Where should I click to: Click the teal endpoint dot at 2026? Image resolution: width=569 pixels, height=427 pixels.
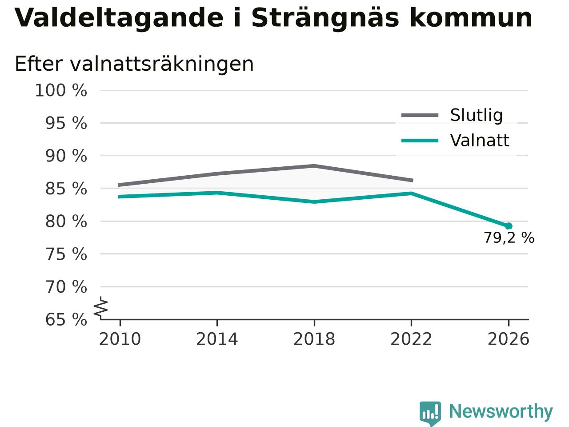click(x=509, y=226)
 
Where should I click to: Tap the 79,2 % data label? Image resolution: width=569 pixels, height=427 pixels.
click(x=509, y=238)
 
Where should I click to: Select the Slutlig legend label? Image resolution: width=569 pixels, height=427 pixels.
click(x=477, y=115)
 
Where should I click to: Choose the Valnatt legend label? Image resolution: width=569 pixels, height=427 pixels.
click(x=480, y=141)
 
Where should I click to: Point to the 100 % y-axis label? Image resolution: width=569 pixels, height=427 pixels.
click(x=61, y=90)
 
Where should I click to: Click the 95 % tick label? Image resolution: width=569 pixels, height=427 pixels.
click(x=66, y=123)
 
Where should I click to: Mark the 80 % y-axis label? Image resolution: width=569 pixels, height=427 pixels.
click(x=66, y=222)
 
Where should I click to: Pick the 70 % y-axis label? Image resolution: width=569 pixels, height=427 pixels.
click(x=66, y=287)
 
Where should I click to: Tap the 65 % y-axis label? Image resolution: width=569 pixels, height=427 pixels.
click(x=66, y=319)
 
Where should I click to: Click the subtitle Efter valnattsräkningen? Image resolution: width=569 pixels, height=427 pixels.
click(x=134, y=64)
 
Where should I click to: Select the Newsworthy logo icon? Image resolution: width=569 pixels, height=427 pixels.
click(x=430, y=413)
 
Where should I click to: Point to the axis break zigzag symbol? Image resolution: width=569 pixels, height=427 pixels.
click(x=101, y=307)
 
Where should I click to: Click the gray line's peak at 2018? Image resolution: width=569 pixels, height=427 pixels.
click(x=314, y=165)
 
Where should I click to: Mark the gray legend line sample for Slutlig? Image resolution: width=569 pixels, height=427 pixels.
click(x=420, y=115)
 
